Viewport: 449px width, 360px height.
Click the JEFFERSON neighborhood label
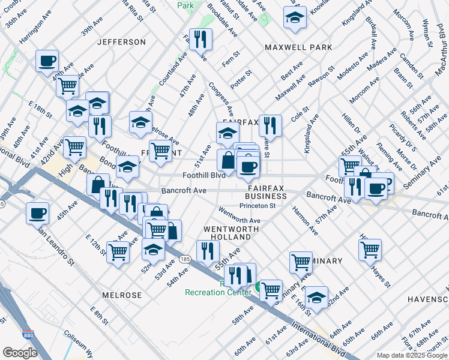pyautogui.click(x=121, y=42)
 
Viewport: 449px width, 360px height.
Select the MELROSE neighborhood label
pyautogui.click(x=122, y=295)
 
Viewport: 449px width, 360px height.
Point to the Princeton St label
pyautogui.click(x=257, y=206)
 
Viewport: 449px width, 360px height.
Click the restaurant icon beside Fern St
pyautogui.click(x=200, y=40)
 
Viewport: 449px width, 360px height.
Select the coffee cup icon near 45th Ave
pyautogui.click(x=38, y=213)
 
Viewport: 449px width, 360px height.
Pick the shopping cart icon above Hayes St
pyautogui.click(x=370, y=248)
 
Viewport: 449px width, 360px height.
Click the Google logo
pyautogui.click(x=20, y=352)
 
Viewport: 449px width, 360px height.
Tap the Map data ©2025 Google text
pyautogui.click(x=411, y=355)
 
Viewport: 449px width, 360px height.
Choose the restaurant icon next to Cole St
pyautogui.click(x=270, y=126)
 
